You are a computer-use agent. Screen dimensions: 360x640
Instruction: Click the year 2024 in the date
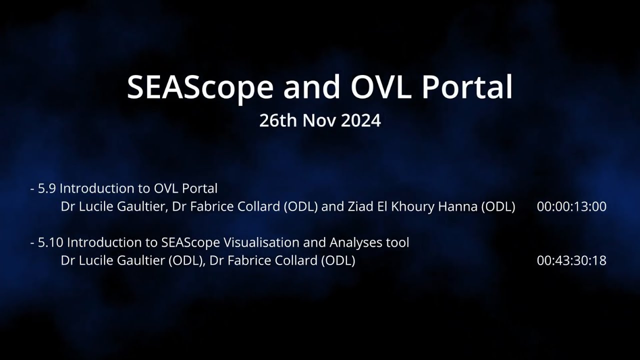pyautogui.click(x=360, y=120)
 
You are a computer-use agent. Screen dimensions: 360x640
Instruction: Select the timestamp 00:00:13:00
pyautogui.click(x=571, y=207)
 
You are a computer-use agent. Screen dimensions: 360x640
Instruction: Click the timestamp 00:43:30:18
pyautogui.click(x=571, y=261)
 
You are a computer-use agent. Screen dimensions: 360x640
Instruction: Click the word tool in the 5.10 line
pyautogui.click(x=397, y=242)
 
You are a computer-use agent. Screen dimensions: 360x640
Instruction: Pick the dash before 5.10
pyautogui.click(x=32, y=243)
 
